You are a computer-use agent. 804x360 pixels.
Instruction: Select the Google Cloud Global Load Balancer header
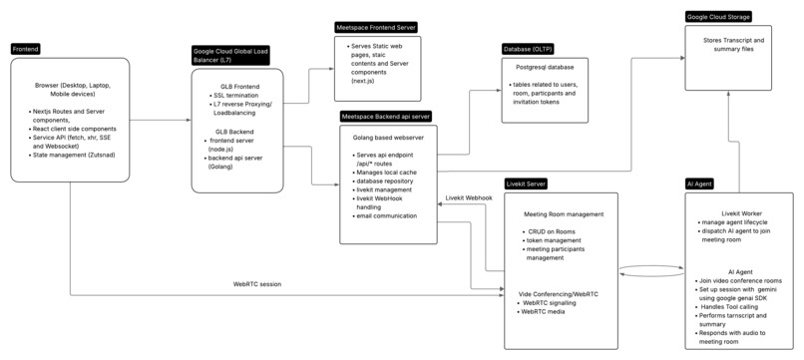[232, 54]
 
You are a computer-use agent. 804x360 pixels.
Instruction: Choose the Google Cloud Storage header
[718, 17]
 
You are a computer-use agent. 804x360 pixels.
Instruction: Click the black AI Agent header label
[699, 184]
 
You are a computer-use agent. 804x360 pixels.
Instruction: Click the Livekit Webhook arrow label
[469, 197]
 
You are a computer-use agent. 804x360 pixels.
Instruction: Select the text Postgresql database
[545, 68]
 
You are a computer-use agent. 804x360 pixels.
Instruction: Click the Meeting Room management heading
[565, 213]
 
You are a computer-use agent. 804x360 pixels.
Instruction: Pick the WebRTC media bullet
[545, 311]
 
